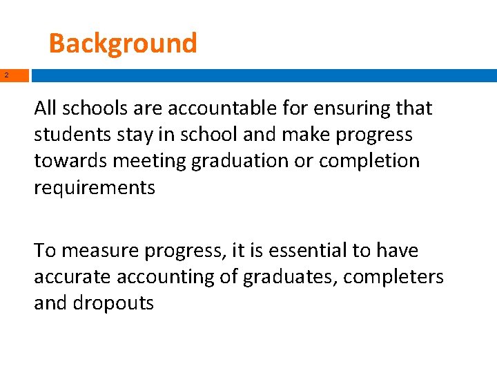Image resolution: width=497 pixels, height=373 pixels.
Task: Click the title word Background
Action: tap(123, 43)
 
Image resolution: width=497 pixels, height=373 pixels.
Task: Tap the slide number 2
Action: tap(6, 75)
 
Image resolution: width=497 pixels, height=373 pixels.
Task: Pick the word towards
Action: tap(71, 161)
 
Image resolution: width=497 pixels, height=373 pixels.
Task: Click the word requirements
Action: tap(95, 187)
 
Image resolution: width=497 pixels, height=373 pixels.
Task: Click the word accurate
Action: tap(73, 277)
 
